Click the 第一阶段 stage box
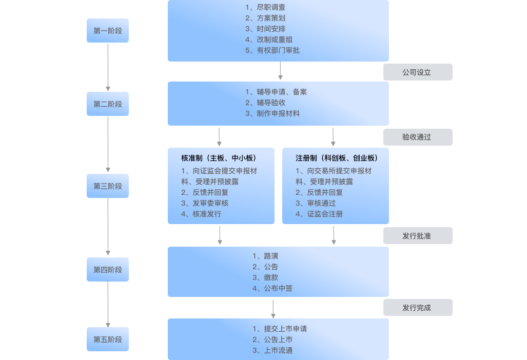coord(108,31)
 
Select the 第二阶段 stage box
coord(108,104)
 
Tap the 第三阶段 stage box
coord(108,186)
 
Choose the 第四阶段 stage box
coord(108,270)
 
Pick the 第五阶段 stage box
coord(108,339)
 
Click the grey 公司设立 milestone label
coord(418,72)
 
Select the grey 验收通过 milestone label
coord(418,137)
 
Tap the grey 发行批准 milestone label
coord(418,236)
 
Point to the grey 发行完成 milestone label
coord(418,308)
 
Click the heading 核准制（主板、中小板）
coord(219,158)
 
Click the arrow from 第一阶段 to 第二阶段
coord(108,67)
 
